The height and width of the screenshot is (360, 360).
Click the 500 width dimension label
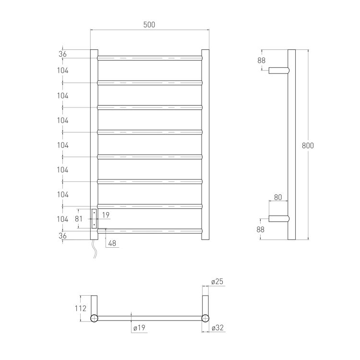pos(149,24)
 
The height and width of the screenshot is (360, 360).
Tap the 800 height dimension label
pos(308,145)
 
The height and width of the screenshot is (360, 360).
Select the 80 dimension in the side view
pos(278,197)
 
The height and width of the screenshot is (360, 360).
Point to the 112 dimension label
pos(80,308)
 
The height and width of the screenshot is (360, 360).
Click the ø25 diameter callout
pos(217,281)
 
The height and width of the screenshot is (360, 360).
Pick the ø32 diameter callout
pos(217,328)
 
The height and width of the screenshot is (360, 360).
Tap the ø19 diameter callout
pos(139,328)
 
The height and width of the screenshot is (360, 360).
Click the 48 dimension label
pos(112,243)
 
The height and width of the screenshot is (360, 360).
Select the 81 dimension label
pos(79,219)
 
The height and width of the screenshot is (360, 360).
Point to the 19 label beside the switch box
pos(106,215)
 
